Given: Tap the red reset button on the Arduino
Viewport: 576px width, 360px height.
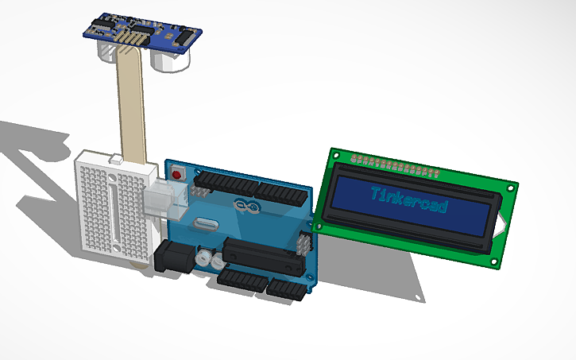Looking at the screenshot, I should (x=176, y=171).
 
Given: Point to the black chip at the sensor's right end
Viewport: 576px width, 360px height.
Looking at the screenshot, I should (x=182, y=34).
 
